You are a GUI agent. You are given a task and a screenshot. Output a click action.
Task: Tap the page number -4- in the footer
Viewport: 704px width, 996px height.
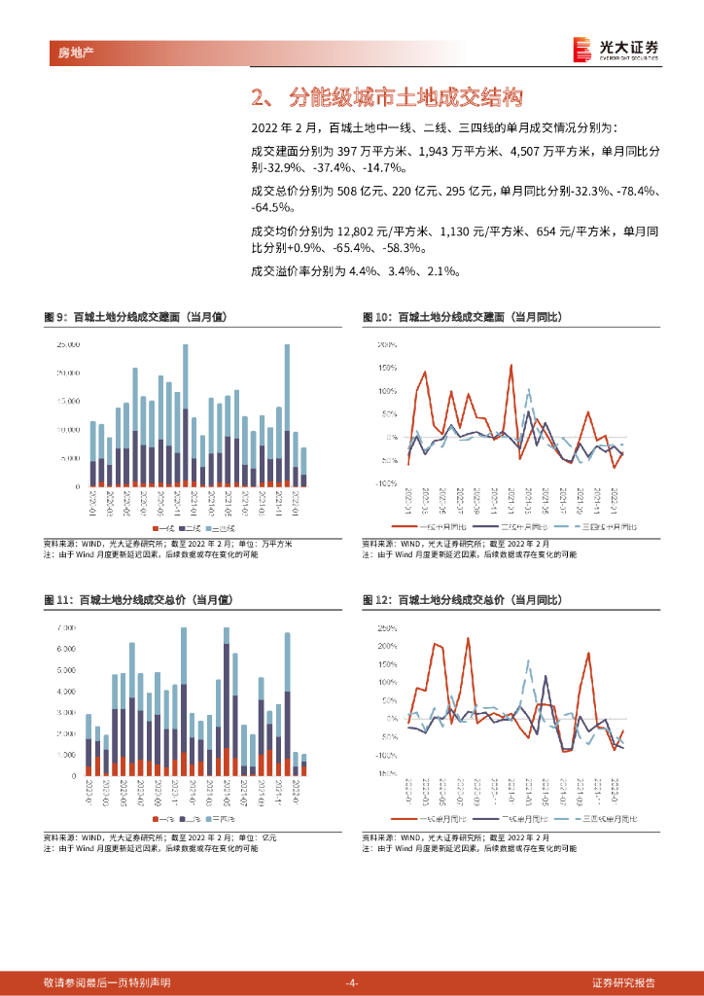352,981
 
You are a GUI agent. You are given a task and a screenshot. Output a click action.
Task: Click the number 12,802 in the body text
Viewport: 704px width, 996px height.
360,231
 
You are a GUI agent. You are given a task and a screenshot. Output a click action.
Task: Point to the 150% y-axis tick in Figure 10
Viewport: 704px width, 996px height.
387,368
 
